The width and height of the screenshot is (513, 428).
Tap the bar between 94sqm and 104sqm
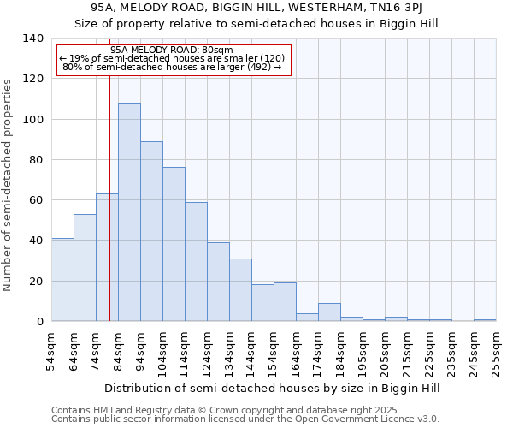[151, 231]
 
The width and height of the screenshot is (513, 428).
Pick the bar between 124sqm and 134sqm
[218, 282]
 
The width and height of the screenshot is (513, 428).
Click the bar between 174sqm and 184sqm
[329, 312]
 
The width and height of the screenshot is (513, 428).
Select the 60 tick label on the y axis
[35, 200]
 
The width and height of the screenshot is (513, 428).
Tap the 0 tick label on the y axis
[38, 322]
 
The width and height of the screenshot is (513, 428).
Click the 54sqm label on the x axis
[52, 350]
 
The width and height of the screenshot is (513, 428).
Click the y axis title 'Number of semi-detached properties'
[9, 185]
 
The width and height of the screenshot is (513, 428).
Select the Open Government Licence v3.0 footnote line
[245, 419]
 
